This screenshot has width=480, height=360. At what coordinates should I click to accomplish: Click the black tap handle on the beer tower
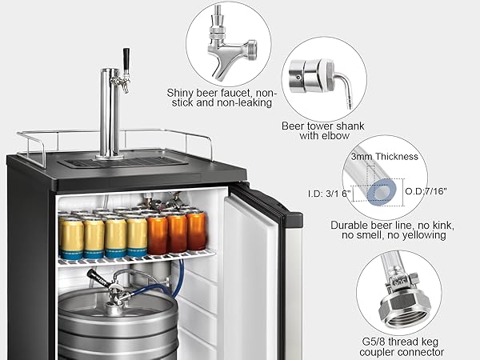pos(125,58)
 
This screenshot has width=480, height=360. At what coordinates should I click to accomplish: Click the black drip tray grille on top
pos(120,162)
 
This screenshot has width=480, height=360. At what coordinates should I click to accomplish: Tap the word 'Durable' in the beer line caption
pos(353,226)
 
